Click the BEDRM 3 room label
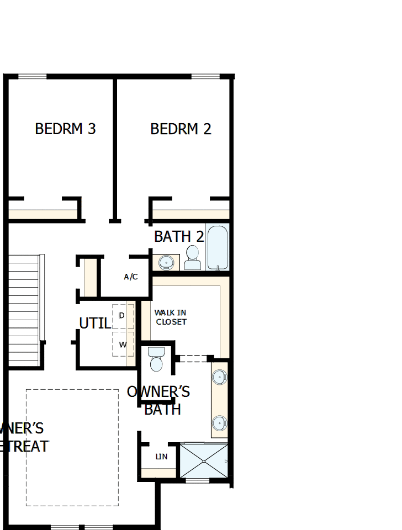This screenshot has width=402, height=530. tap(65, 129)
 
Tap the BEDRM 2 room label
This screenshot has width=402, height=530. tap(181, 129)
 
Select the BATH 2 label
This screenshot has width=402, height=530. tap(179, 236)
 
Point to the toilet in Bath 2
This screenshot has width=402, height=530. tap(192, 257)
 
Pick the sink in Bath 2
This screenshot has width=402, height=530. tap(165, 262)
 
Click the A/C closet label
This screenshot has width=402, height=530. tap(131, 277)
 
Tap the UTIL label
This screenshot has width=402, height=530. tap(94, 323)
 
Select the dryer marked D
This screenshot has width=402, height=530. tap(122, 316)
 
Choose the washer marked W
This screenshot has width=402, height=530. tap(123, 344)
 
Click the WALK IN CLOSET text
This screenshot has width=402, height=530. tap(171, 317)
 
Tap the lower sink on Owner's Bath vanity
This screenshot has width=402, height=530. tap(219, 423)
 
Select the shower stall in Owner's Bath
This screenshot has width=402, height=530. tap(204, 460)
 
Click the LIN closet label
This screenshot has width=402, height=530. tap(161, 457)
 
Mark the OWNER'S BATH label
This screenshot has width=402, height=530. tap(159, 400)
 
